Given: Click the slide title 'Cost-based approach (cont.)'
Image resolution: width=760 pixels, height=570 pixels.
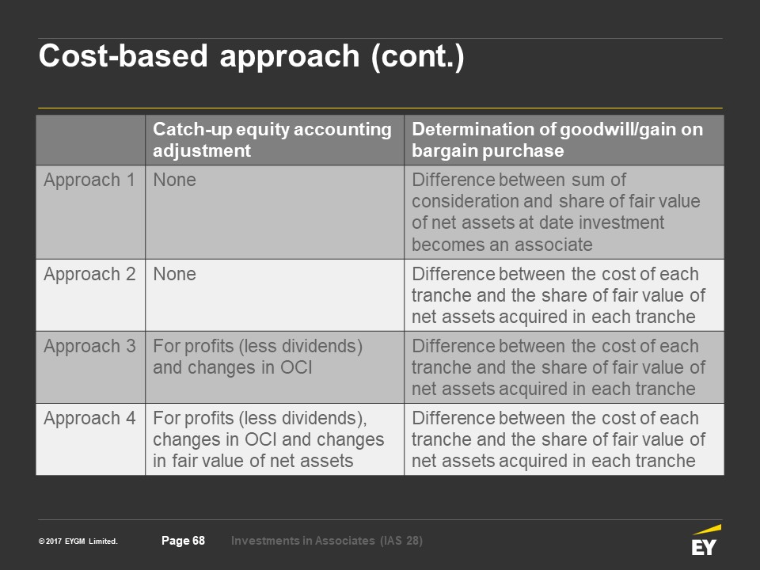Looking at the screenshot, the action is click(x=252, y=57).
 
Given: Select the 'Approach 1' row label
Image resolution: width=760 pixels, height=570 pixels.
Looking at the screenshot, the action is click(x=89, y=180).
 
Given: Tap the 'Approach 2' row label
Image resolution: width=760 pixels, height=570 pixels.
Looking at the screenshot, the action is click(x=89, y=275).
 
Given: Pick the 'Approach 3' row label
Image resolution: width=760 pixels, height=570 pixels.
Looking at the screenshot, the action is click(x=89, y=347).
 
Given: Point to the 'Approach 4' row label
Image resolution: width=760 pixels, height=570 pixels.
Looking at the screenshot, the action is click(x=89, y=418).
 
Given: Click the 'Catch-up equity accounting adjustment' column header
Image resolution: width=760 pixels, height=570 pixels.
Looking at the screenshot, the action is click(x=272, y=140).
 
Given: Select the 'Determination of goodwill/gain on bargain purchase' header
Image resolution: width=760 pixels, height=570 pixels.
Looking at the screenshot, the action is click(x=557, y=140).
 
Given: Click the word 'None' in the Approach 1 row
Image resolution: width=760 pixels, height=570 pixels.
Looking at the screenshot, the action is click(x=174, y=180).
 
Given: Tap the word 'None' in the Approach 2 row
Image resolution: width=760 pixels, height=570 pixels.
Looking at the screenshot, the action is click(x=174, y=275).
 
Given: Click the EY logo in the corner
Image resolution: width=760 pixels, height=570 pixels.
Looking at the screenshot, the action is click(x=706, y=540).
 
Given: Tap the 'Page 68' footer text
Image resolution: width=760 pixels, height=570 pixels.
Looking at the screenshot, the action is click(x=183, y=541).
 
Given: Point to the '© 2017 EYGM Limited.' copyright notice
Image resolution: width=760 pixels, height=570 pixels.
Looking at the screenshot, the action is click(x=78, y=541).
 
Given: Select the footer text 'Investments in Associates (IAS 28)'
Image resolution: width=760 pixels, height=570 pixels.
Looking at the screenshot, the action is click(x=327, y=541).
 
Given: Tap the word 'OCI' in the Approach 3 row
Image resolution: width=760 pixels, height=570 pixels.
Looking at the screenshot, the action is click(x=296, y=368).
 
